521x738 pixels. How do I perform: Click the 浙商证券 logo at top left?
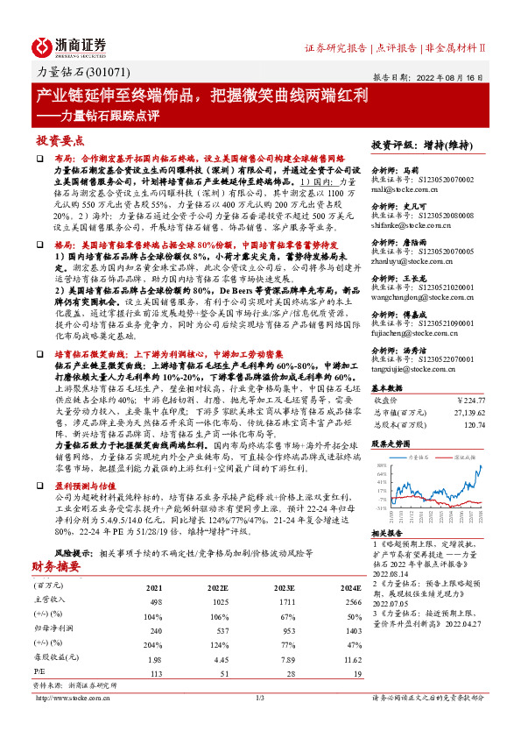(x=70, y=45)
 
